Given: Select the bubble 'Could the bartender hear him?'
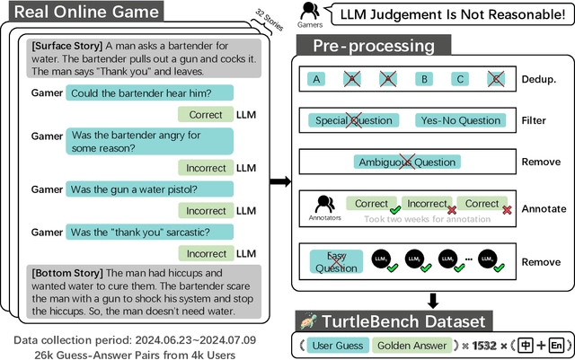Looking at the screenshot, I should point(149,92).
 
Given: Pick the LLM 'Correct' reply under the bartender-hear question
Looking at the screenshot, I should point(205,115).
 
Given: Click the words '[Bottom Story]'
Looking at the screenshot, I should point(67,273).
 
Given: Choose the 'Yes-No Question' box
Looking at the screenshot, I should point(458,120).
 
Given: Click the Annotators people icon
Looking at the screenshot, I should point(325,203).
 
